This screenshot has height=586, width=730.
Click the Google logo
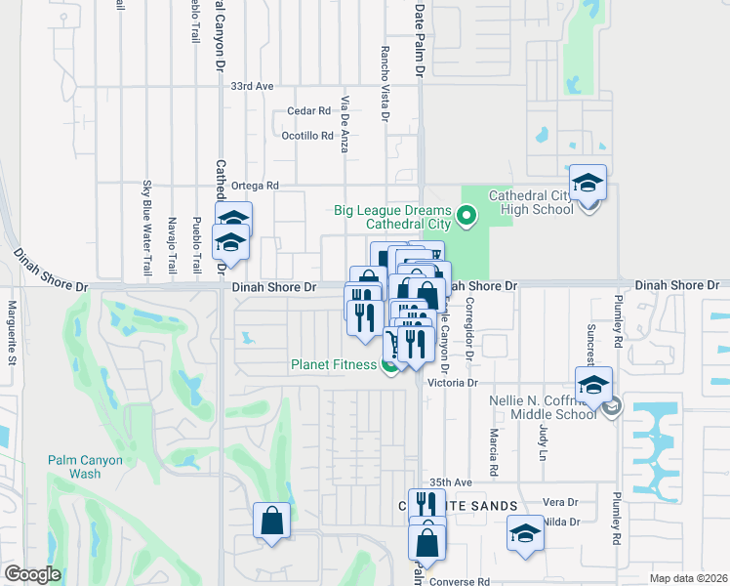coord(32,574)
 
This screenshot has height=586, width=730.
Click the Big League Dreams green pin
coord(466,216)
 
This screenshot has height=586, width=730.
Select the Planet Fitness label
coord(333,365)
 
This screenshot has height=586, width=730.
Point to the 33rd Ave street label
coord(252,86)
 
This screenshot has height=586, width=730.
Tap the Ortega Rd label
coord(256,185)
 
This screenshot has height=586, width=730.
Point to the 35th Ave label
coord(451,481)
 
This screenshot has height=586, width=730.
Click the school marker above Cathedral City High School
coord(588,184)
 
